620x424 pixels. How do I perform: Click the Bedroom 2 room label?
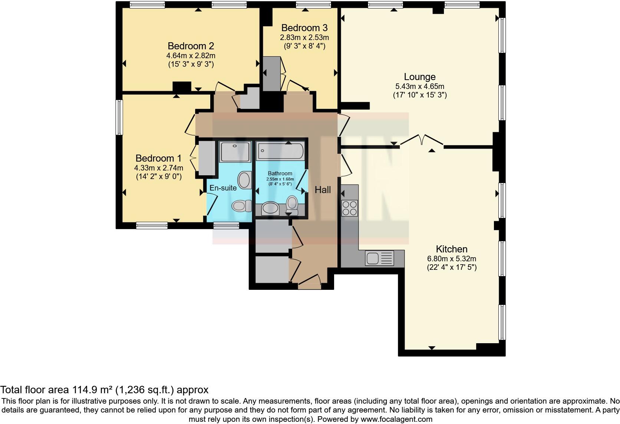[x=191, y=46]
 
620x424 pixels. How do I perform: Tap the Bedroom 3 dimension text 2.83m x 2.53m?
[x=304, y=37]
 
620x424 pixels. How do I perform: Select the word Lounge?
[x=419, y=77]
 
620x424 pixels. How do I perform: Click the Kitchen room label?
[x=451, y=249]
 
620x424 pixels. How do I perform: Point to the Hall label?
[x=323, y=190]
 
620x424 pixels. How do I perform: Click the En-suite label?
[x=223, y=188]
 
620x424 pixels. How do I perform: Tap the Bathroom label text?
[x=280, y=173]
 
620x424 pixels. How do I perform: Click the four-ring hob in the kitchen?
[x=349, y=208]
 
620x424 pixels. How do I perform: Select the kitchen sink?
[x=379, y=258]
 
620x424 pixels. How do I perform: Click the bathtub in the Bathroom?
[x=281, y=151]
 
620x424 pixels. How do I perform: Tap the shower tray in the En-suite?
[x=235, y=152]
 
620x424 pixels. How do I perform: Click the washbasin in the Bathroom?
[x=271, y=209]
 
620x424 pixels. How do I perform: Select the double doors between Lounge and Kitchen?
[x=422, y=140]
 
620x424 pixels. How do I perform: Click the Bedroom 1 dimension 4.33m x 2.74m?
[x=158, y=168]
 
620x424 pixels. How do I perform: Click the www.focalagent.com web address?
[x=396, y=419]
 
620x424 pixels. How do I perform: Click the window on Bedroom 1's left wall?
[x=119, y=117]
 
